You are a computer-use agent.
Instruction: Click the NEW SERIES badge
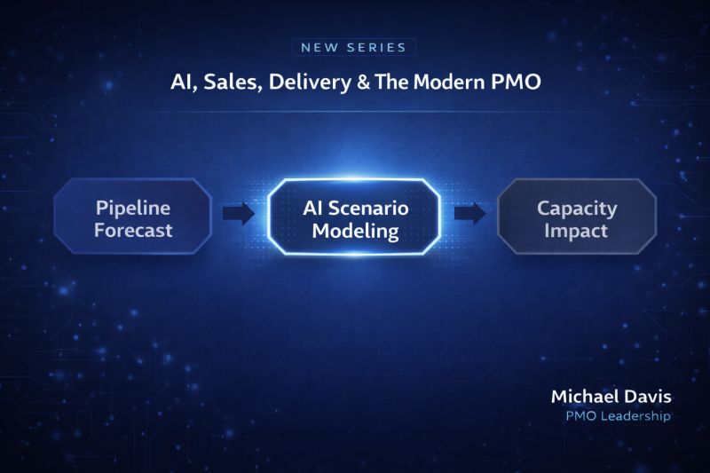click(353, 47)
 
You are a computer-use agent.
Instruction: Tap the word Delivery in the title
click(310, 83)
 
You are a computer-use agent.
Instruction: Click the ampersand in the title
click(364, 83)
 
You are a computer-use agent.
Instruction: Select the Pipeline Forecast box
click(133, 216)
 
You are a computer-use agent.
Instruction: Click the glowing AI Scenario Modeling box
click(353, 217)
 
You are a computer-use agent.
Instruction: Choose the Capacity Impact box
click(577, 216)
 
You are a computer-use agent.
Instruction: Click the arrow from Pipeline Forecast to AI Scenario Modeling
click(239, 213)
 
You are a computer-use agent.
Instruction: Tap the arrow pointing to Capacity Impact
click(470, 213)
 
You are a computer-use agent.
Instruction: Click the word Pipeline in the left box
click(133, 209)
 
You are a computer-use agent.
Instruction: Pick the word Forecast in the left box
click(133, 231)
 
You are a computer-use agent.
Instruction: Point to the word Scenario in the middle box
click(368, 209)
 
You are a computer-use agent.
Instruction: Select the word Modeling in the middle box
click(356, 232)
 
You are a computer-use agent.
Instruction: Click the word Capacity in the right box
click(577, 209)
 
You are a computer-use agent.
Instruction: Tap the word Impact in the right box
click(576, 231)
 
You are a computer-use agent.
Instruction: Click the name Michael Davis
click(611, 397)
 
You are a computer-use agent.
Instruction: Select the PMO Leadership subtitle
click(618, 416)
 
